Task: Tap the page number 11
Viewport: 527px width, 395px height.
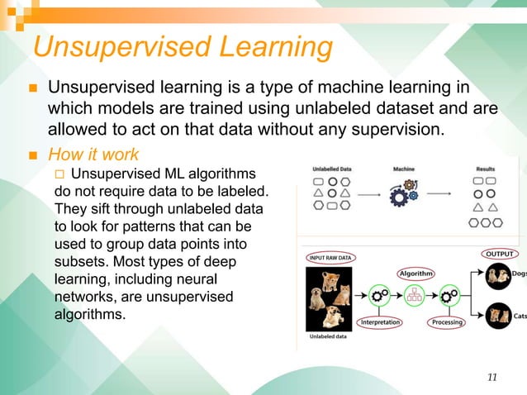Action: (492, 378)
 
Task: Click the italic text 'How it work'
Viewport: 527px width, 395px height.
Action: (93, 155)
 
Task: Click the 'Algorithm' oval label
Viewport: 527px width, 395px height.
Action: (416, 273)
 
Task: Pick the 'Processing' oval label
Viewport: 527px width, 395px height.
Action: (449, 321)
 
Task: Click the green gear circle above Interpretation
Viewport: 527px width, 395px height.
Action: (380, 295)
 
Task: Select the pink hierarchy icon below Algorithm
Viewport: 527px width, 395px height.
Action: (415, 294)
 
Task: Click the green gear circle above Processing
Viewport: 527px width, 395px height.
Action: (449, 295)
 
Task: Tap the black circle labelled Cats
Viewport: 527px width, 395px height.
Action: (498, 314)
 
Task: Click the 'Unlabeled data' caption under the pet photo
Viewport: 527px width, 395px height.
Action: (328, 336)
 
